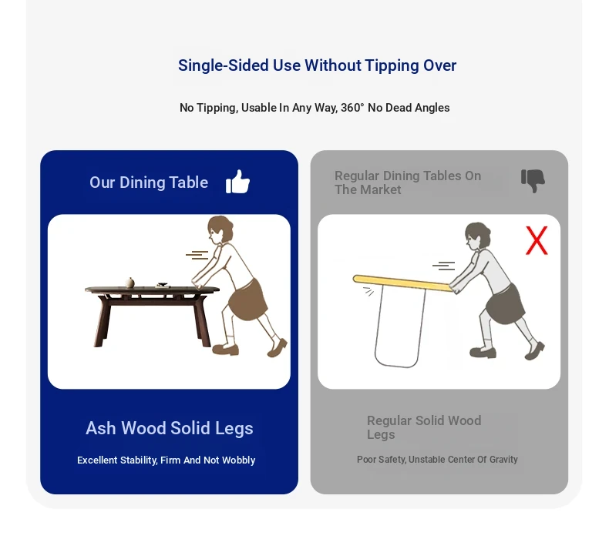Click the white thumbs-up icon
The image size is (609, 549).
pos(237,182)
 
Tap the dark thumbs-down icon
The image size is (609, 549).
pos(533,181)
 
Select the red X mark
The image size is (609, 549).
pos(537,240)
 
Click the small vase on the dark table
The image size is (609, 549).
pos(130,283)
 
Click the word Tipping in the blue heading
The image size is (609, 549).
pos(391,65)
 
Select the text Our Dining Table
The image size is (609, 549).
pos(149,182)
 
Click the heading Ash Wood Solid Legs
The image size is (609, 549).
pos(170,428)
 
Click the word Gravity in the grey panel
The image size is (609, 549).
pos(503,460)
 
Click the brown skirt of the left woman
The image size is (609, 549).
pos(247,299)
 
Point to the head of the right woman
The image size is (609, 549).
pos(477,236)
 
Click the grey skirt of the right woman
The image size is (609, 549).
pos(505,305)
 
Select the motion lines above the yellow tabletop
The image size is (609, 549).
pos(443,266)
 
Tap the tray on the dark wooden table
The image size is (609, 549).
pos(163,285)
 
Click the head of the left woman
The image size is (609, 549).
pos(220,229)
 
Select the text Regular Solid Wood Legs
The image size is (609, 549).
pos(424,427)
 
